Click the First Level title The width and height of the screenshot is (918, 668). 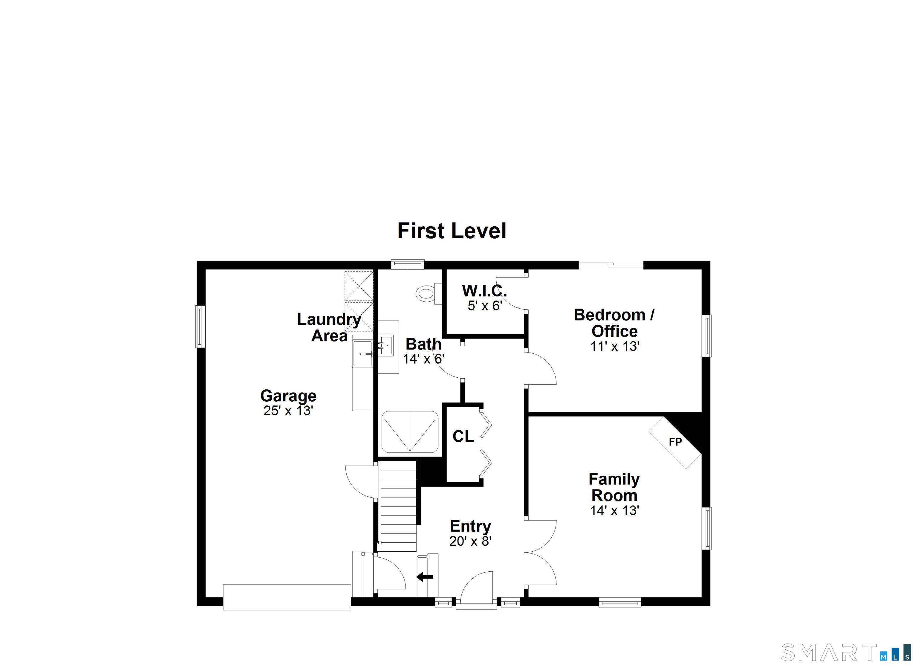[x=452, y=231]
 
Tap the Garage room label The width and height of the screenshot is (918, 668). [x=288, y=396]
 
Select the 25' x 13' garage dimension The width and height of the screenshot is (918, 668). [x=288, y=411]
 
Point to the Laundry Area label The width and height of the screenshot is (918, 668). [x=329, y=327]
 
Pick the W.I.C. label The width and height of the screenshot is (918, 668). [x=484, y=291]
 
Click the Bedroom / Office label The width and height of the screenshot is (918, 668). [x=614, y=323]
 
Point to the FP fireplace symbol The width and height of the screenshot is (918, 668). [x=675, y=442]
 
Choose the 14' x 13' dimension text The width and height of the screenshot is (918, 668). [x=614, y=510]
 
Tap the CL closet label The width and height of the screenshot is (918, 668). [x=463, y=436]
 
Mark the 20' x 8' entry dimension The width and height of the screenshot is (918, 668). [x=470, y=541]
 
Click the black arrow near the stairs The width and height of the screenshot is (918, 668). [x=425, y=577]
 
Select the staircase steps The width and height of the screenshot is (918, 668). [x=398, y=506]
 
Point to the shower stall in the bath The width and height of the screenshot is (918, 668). [x=410, y=431]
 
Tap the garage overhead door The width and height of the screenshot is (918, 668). [x=287, y=597]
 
